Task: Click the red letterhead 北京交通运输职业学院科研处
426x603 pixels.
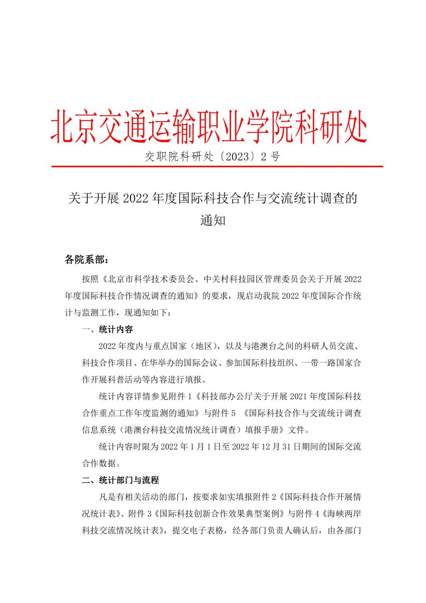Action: pyautogui.click(x=209, y=126)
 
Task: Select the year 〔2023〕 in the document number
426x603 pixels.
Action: pyautogui.click(x=236, y=157)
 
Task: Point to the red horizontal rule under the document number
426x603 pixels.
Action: pyautogui.click(x=217, y=167)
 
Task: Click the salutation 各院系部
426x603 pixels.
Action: pyautogui.click(x=83, y=260)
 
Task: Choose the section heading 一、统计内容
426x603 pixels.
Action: pyautogui.click(x=107, y=329)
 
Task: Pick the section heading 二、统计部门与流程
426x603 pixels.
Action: pyautogui.click(x=120, y=480)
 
